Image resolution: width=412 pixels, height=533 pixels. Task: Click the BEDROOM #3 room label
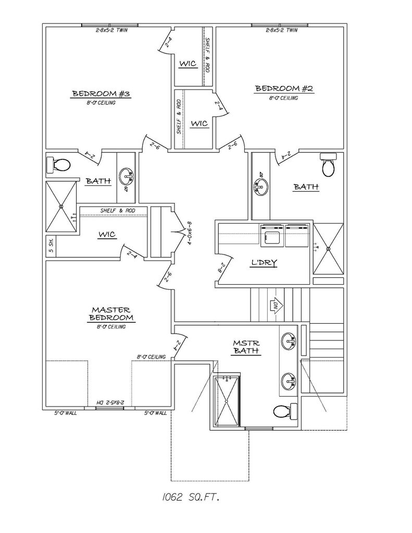(x=101, y=94)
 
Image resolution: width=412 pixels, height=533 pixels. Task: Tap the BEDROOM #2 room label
(x=283, y=89)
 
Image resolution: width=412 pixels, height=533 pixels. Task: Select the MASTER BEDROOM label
(x=111, y=313)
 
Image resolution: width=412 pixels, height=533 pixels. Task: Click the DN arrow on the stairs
(x=274, y=304)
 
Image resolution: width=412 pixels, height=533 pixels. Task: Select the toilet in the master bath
(x=282, y=411)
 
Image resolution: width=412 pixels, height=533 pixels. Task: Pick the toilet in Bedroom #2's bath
(x=329, y=166)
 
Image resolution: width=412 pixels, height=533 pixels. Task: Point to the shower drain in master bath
(x=227, y=401)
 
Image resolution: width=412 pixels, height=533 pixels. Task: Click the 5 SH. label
(x=51, y=246)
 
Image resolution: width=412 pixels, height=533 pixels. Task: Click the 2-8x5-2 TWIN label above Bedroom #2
(x=281, y=30)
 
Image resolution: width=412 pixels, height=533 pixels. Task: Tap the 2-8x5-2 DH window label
(x=115, y=402)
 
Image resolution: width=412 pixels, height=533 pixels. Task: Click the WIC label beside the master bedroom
(x=106, y=235)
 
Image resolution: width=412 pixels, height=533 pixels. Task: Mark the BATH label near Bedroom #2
(x=306, y=186)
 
